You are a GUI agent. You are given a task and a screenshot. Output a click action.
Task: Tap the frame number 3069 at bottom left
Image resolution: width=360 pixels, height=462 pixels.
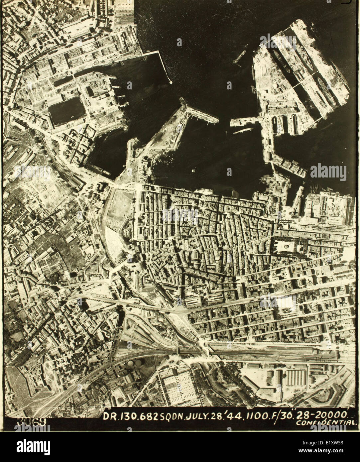(32, 421)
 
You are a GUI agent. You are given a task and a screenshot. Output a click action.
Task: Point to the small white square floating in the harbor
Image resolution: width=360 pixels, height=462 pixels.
(193, 171)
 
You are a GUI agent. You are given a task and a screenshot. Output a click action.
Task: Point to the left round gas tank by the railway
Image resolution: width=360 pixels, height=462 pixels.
(132, 364)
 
